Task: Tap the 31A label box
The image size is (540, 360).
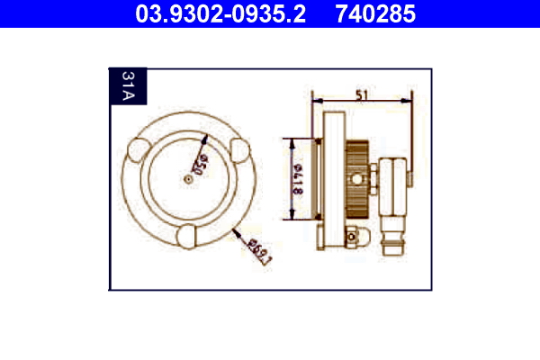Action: click(x=124, y=88)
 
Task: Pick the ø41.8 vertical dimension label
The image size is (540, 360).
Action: click(x=301, y=180)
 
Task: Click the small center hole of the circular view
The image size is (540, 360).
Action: click(x=186, y=179)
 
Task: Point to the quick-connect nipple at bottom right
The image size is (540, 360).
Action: click(x=394, y=240)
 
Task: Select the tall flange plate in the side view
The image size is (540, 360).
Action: click(x=334, y=180)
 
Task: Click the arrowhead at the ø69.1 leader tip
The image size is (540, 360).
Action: click(x=234, y=229)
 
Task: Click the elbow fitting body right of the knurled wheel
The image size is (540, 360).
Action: click(x=393, y=184)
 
